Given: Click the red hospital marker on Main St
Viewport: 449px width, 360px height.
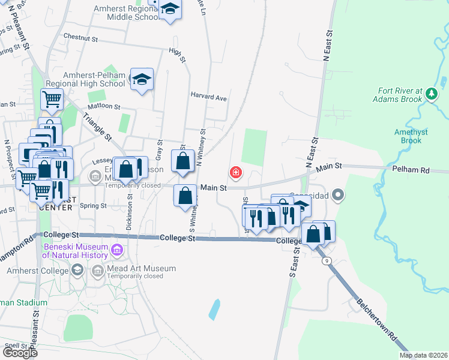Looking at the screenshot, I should coord(235,173).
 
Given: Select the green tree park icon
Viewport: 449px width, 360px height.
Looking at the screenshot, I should coord(431,94).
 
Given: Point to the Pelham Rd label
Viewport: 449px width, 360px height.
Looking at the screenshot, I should coord(411,170).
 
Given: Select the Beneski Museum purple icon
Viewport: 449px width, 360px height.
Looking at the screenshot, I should coord(116,248).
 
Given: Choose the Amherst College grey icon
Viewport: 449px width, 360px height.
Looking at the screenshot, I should coord(77,271).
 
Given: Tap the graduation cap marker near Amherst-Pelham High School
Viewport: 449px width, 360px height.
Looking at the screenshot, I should coord(142,80).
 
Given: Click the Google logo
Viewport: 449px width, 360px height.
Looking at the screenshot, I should coord(19,353).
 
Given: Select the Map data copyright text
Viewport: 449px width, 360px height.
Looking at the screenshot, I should coord(423,355).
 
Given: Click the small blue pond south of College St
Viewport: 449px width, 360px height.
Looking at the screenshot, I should coord(214,309).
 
